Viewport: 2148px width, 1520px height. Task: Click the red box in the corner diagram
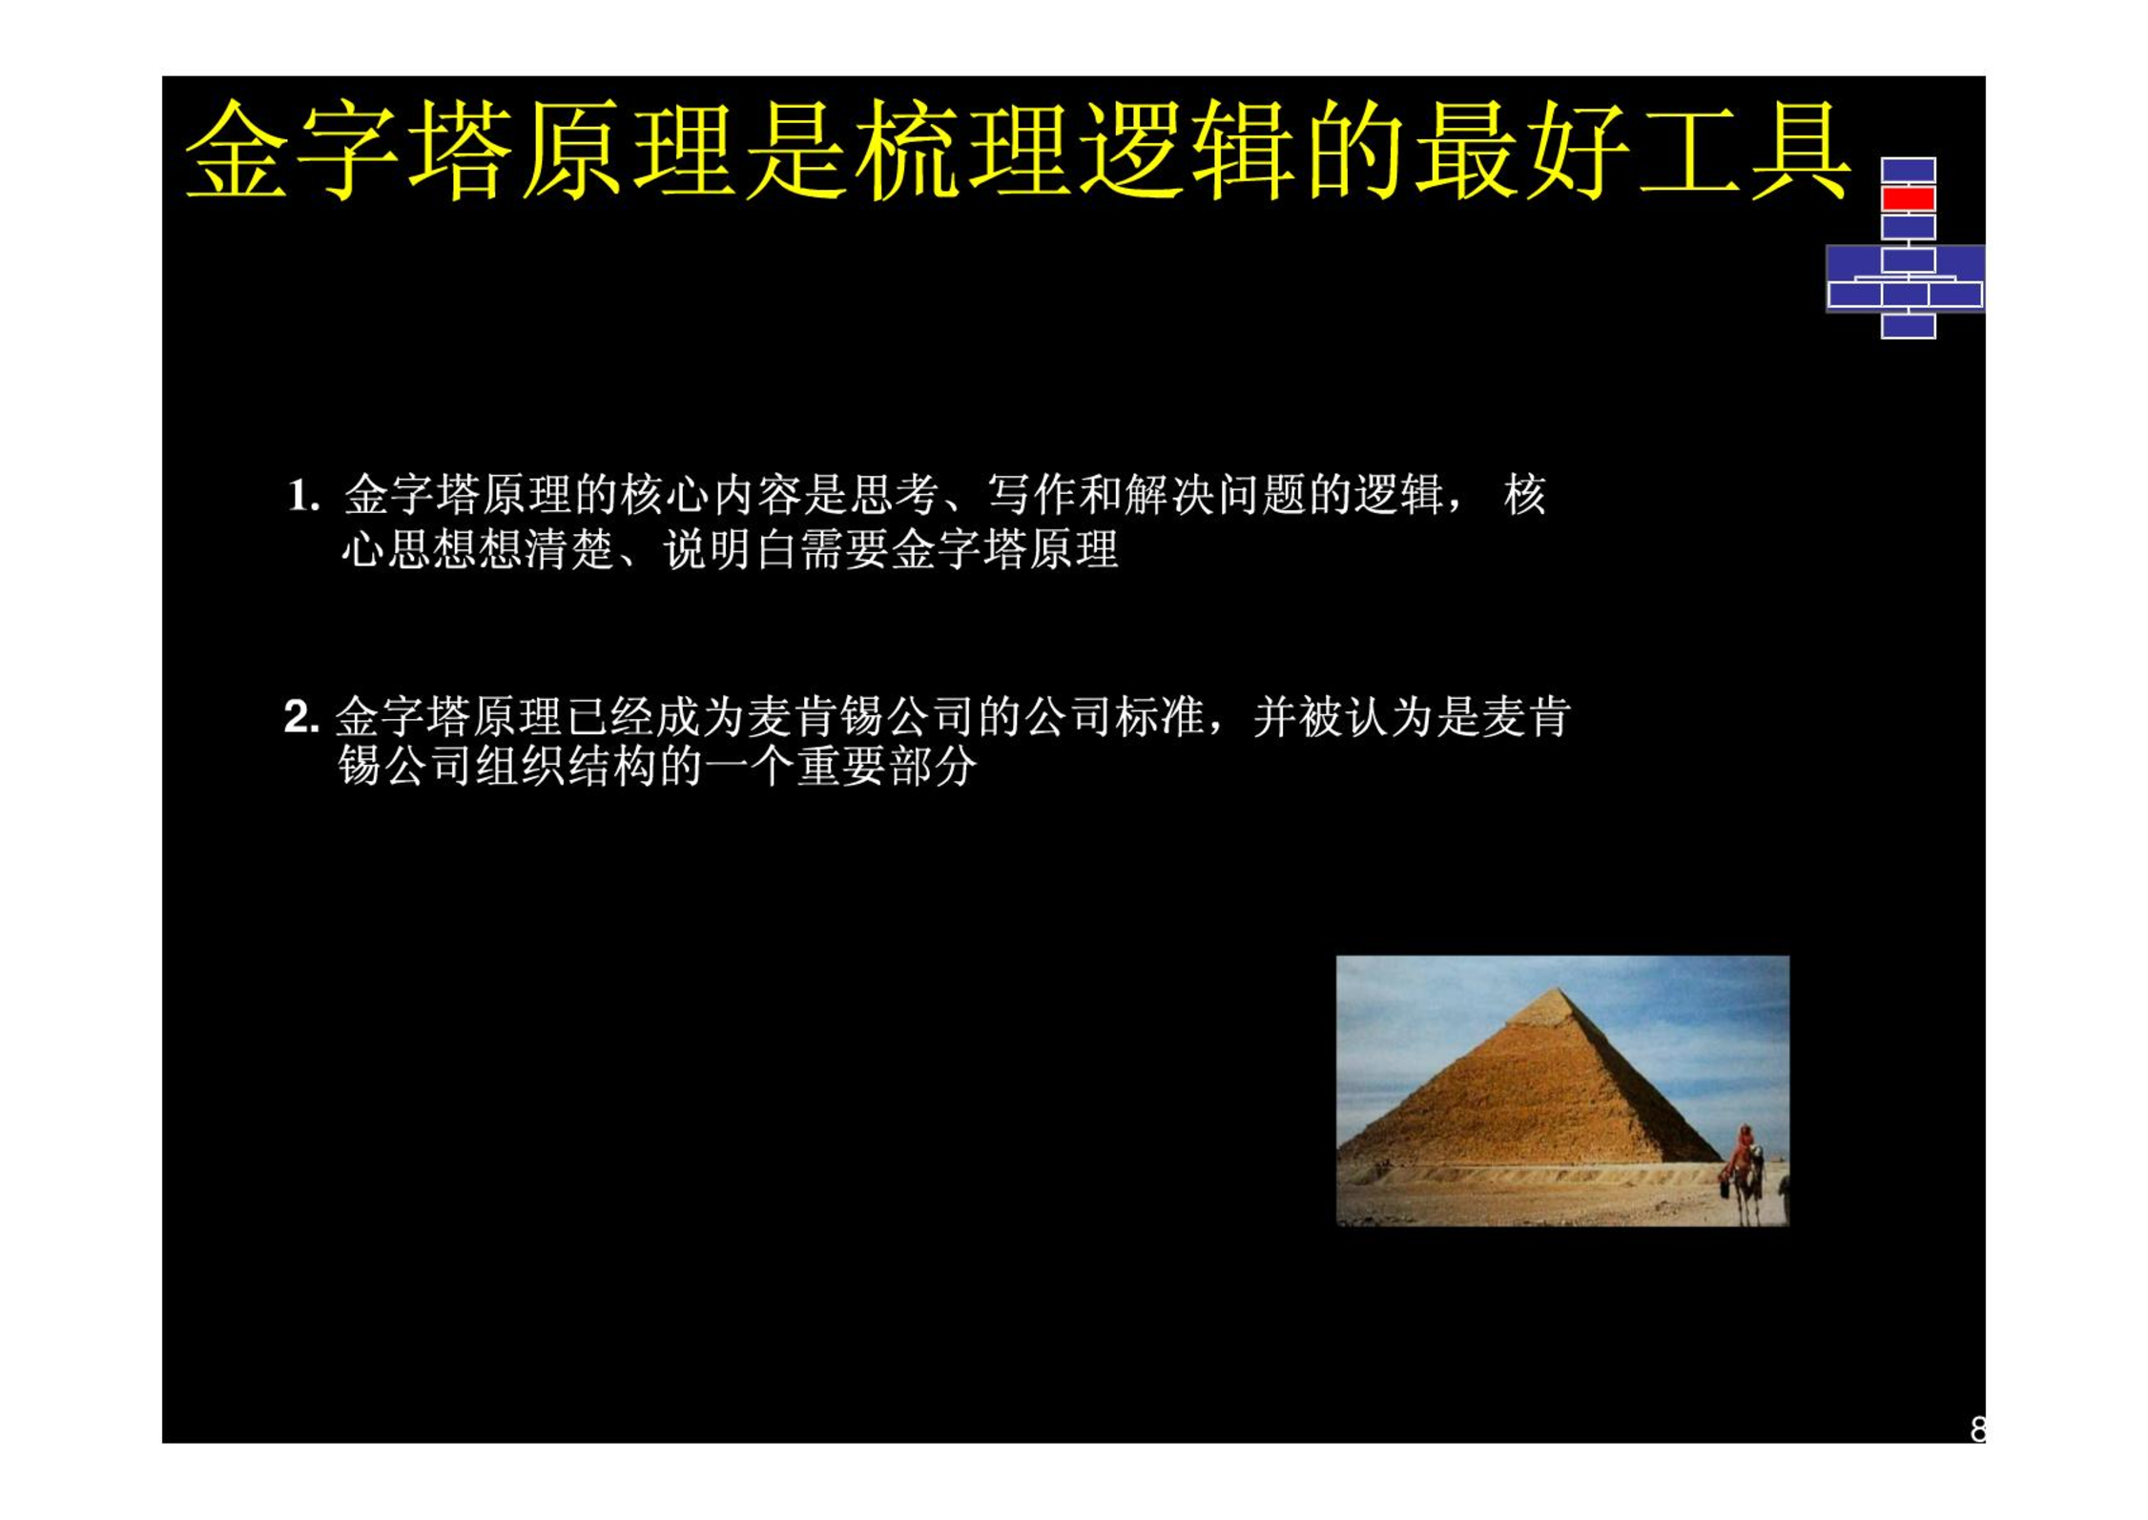1908,198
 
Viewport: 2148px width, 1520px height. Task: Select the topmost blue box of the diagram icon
1908,170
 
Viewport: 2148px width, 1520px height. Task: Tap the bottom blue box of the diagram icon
1908,325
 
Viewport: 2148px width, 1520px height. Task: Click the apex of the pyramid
1558,989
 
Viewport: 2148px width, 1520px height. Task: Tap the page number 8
1977,1428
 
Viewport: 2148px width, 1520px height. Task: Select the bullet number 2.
301,717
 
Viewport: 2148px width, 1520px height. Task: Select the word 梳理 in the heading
961,151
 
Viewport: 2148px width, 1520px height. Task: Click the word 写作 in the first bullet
1033,495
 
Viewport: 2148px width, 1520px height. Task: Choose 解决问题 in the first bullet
1216,495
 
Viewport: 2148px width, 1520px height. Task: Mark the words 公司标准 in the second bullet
1114,717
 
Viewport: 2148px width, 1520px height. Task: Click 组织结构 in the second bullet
568,767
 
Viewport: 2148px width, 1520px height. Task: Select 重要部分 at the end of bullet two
887,767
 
